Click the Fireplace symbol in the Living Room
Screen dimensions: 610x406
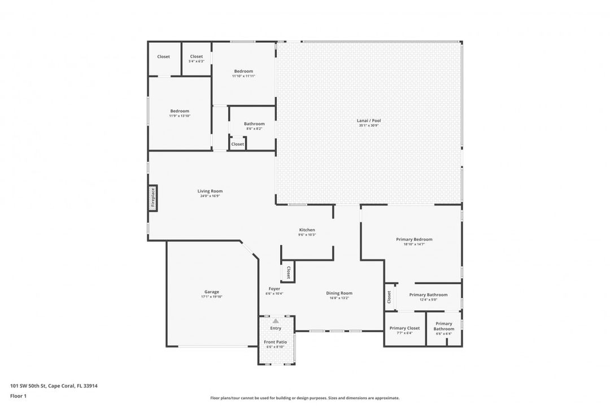tap(152, 198)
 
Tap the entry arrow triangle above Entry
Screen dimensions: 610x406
tap(276, 320)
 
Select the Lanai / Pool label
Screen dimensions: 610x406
tap(368, 121)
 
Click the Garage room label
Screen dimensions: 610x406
tap(212, 292)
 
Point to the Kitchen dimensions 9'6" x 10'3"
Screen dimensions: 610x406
tap(307, 235)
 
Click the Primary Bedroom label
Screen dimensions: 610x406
tap(414, 240)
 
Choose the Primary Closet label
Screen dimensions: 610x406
tap(405, 328)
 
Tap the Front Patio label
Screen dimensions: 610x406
tap(276, 342)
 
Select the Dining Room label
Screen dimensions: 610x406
tap(339, 293)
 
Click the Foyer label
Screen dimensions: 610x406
tap(274, 289)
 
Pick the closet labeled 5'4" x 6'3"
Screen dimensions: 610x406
tap(197, 57)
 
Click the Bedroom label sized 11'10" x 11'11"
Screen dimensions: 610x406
tap(243, 72)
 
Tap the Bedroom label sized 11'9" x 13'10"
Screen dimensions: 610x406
tap(180, 111)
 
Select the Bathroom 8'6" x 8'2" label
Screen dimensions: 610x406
tap(254, 124)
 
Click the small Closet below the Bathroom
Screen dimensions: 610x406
tap(238, 144)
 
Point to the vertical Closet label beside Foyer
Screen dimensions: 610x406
tap(288, 272)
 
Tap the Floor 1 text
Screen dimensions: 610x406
tap(18, 396)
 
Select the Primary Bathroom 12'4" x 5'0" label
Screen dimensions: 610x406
tap(428, 295)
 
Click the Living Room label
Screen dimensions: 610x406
tap(210, 191)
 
